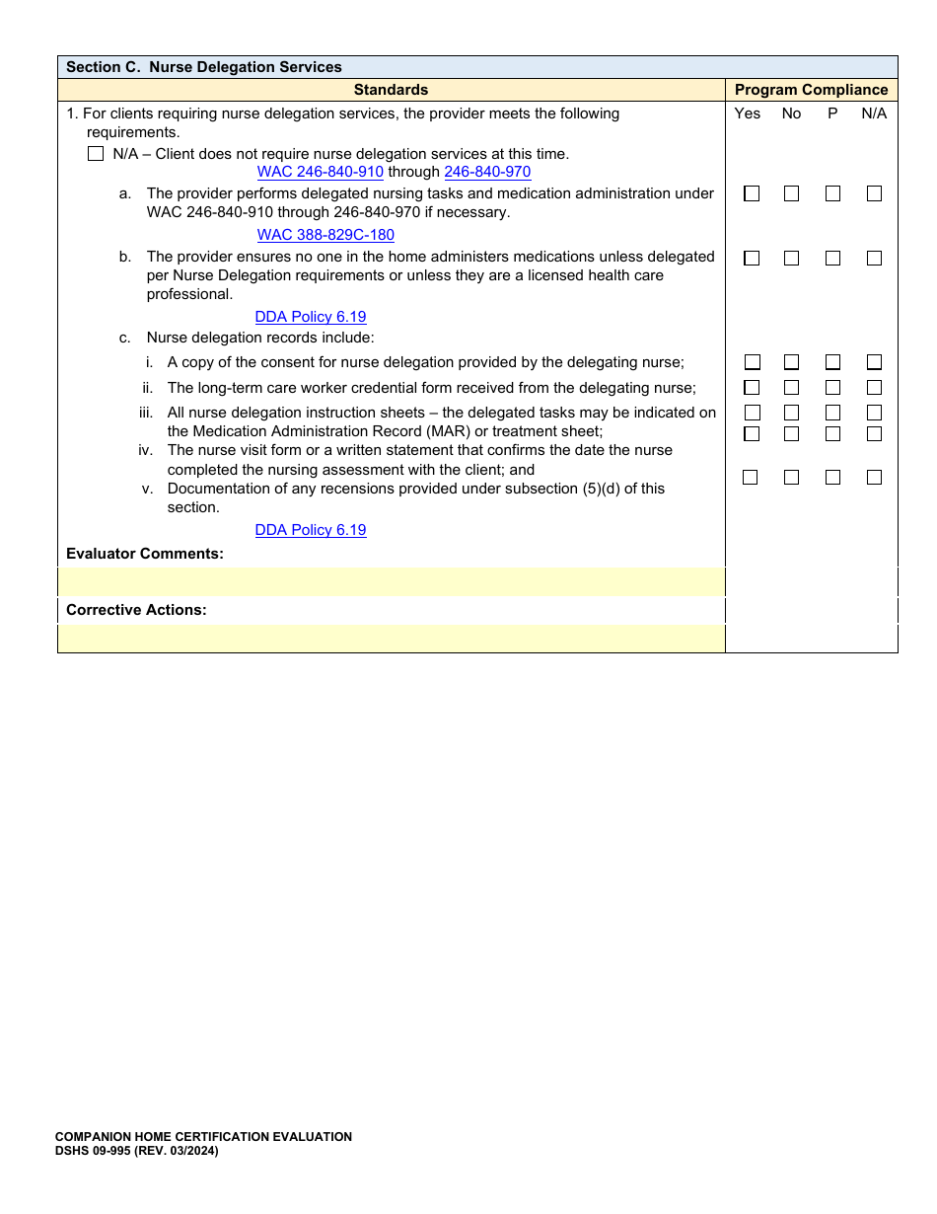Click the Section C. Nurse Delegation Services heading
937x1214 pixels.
click(x=204, y=67)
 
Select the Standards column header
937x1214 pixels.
click(x=391, y=90)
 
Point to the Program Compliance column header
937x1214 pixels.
click(x=811, y=90)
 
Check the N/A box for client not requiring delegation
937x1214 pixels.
click(x=96, y=154)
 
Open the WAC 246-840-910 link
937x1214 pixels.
click(x=320, y=172)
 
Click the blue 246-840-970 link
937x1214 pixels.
click(x=487, y=172)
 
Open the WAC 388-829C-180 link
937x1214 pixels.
click(x=325, y=235)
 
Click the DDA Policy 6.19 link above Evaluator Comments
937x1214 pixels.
click(x=311, y=530)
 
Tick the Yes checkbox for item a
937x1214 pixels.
click(x=752, y=194)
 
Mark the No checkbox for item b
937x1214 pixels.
click(x=792, y=259)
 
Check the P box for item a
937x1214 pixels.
click(x=833, y=194)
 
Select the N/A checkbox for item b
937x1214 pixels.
click(x=875, y=259)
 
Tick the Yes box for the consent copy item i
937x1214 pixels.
click(x=752, y=362)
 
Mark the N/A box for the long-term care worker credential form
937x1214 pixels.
click(x=875, y=388)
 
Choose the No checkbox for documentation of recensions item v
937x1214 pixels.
click(x=792, y=478)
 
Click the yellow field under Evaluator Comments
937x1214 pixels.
click(x=391, y=582)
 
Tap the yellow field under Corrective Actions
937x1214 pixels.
click(x=391, y=639)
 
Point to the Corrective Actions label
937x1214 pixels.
click(x=136, y=610)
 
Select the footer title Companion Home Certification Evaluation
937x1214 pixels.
click(x=203, y=1137)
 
